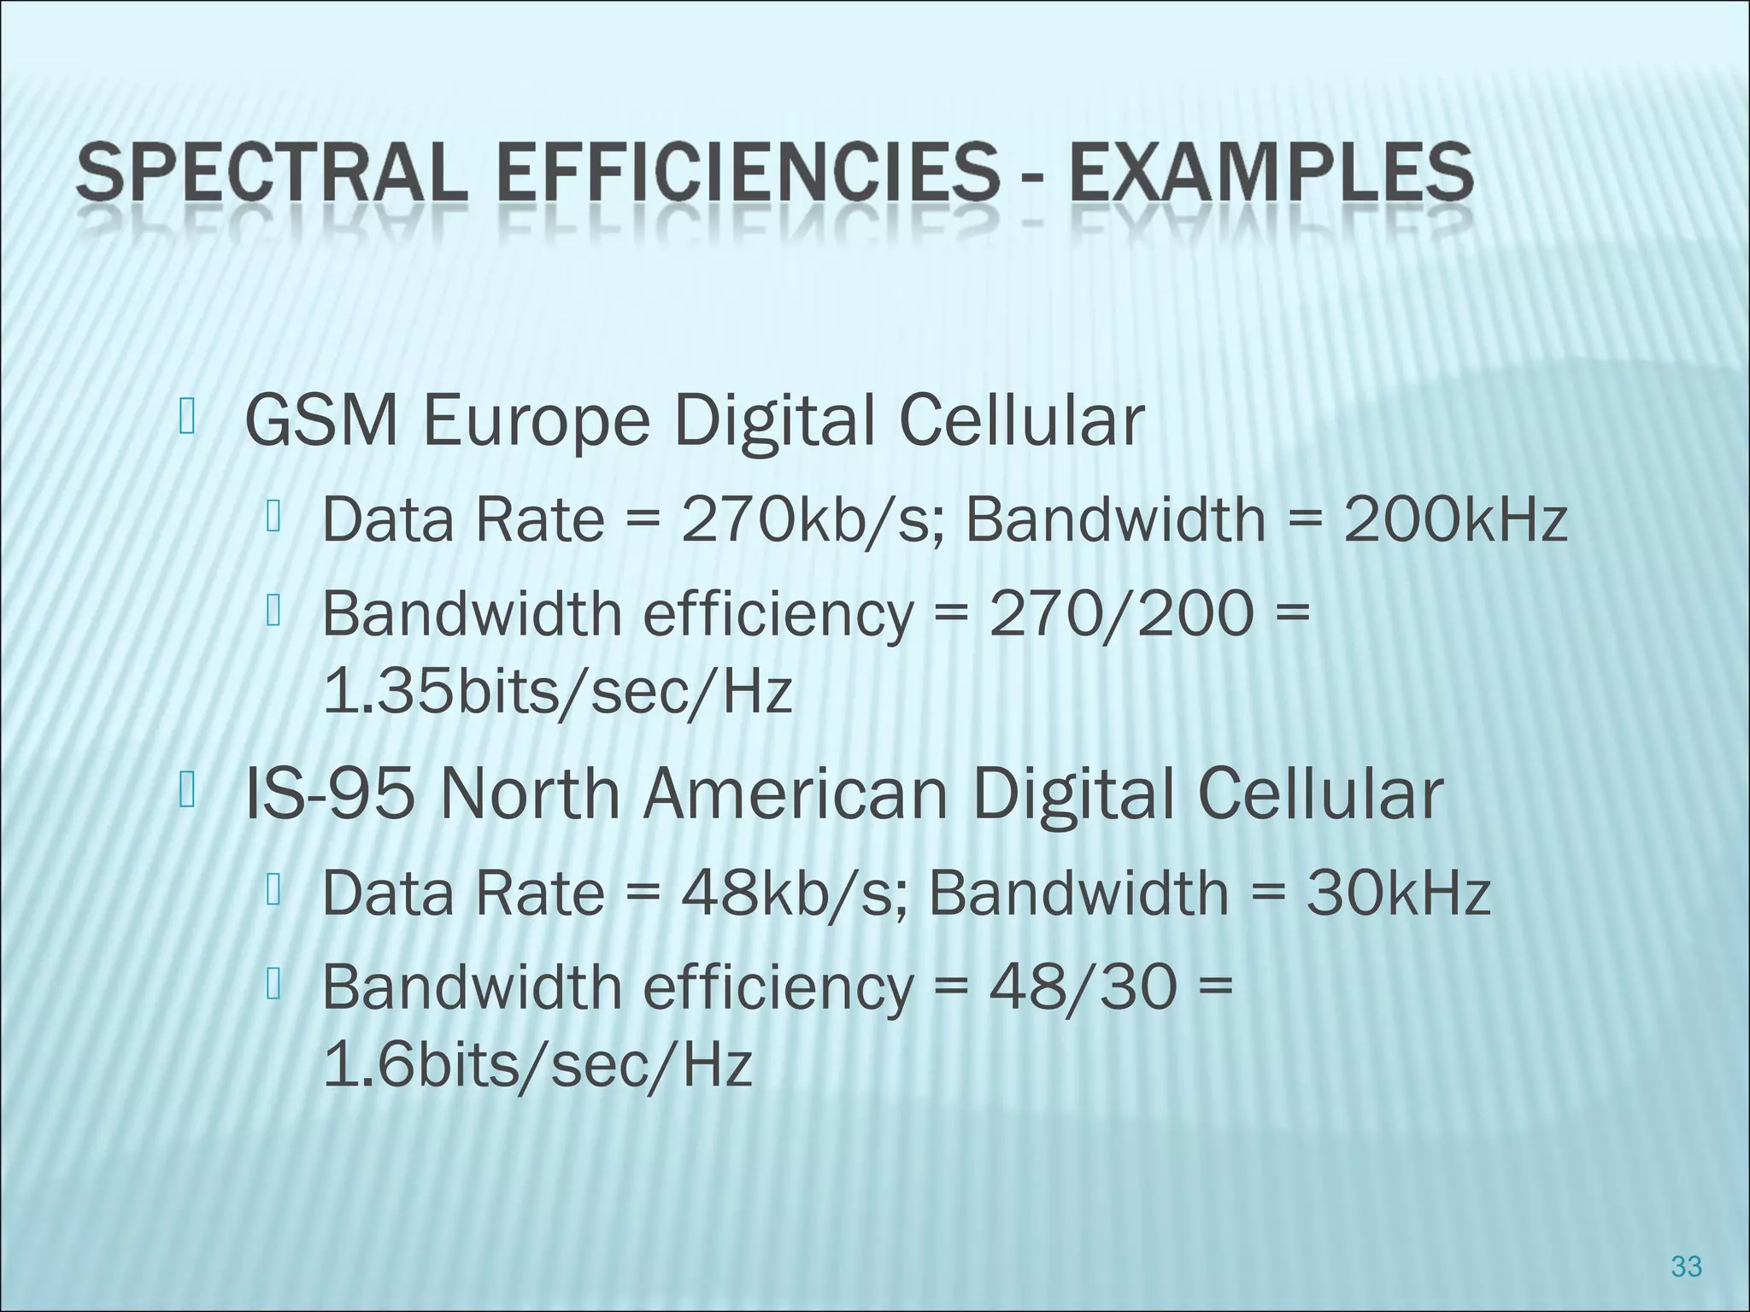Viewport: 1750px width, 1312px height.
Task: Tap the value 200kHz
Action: pos(1455,519)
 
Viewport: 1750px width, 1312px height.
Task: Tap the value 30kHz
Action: pos(1398,893)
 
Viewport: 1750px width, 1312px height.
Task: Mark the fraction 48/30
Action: pos(1083,987)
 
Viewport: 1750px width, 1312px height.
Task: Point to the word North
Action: pos(530,794)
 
